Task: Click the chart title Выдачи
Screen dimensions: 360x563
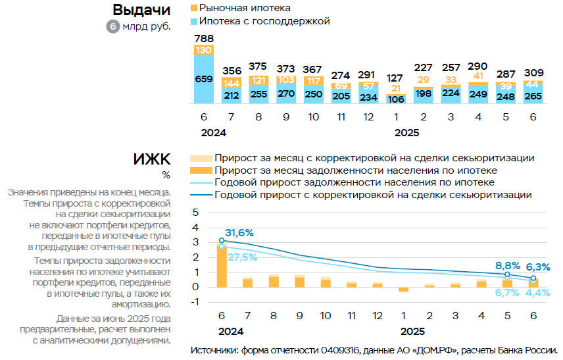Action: tap(141, 11)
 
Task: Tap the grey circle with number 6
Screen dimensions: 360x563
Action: tap(113, 27)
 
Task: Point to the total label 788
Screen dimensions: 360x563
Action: tap(204, 38)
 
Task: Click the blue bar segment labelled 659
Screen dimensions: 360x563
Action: tap(204, 78)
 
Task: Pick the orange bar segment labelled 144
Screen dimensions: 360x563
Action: tap(232, 84)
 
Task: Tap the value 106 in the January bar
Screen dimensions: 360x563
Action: tap(395, 99)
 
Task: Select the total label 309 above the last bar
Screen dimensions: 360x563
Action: tap(534, 72)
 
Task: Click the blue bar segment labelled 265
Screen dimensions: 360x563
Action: tap(534, 96)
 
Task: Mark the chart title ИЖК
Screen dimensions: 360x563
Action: tap(151, 159)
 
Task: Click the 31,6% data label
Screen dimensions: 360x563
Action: tap(240, 233)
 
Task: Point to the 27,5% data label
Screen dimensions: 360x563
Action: tap(243, 256)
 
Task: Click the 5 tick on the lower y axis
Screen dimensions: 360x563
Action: tap(195, 211)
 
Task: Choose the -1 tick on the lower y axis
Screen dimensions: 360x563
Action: tap(193, 302)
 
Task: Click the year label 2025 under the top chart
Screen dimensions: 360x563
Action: tap(408, 132)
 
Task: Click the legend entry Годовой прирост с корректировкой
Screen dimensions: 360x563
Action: tap(373, 195)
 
